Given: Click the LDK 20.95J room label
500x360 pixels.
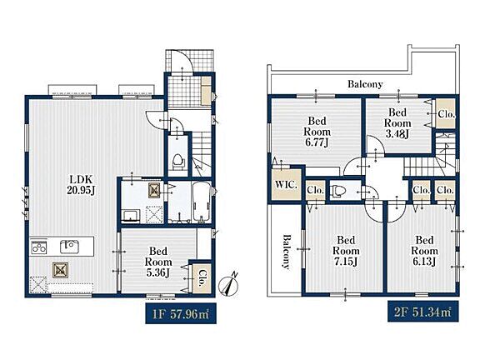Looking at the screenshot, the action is (x=82, y=184).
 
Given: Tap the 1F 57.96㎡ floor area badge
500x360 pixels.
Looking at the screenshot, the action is (x=181, y=314).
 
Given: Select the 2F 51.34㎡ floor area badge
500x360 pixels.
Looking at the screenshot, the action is (x=422, y=311).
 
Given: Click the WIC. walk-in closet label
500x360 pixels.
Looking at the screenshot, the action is (x=286, y=184).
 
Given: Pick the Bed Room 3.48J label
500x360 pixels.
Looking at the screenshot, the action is (x=397, y=123).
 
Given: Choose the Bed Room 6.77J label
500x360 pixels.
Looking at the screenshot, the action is (x=317, y=132).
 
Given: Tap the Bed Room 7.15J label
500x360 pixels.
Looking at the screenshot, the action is (x=346, y=251).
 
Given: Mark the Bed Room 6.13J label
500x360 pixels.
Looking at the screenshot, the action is (x=424, y=251).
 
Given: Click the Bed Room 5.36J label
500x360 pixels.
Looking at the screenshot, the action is (x=158, y=262).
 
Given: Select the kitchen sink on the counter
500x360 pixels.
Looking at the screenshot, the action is (x=69, y=247).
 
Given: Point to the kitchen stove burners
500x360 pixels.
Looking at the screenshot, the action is (x=39, y=247).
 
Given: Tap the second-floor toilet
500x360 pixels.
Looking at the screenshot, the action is (x=338, y=192).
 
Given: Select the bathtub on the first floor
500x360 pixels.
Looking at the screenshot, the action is (x=201, y=202).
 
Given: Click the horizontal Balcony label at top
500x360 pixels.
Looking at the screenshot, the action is (x=365, y=84).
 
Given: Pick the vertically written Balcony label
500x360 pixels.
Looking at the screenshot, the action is (x=287, y=252).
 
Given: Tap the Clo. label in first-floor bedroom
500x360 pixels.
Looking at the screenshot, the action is (x=202, y=278).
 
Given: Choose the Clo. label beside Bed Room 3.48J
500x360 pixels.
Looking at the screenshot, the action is (x=446, y=114).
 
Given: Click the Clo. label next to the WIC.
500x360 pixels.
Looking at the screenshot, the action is (x=315, y=190).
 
